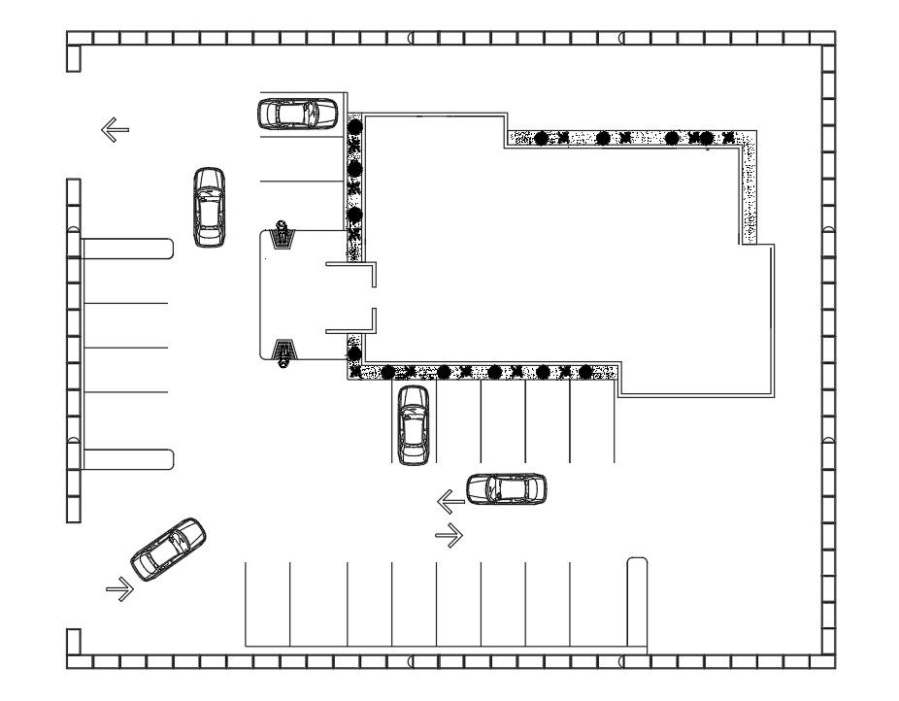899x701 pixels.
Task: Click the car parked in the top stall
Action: [297, 114]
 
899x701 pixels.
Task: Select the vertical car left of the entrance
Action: [209, 207]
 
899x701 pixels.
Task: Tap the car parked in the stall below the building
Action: [413, 424]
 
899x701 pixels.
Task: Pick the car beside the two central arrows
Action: [506, 488]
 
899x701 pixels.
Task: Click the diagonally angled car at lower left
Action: [168, 549]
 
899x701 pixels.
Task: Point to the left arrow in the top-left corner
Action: [115, 129]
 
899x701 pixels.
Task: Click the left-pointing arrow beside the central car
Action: [450, 502]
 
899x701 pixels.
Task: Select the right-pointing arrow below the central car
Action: [449, 535]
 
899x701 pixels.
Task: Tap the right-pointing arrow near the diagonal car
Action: [120, 588]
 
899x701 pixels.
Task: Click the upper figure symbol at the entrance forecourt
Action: [283, 234]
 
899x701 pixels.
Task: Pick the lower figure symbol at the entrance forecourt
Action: [283, 353]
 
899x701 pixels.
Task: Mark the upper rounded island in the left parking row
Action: [127, 250]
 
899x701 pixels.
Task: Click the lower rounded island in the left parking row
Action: [127, 459]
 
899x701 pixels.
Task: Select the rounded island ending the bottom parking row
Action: [637, 602]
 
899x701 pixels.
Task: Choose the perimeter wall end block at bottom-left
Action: [73, 642]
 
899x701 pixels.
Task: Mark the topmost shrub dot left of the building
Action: [354, 125]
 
